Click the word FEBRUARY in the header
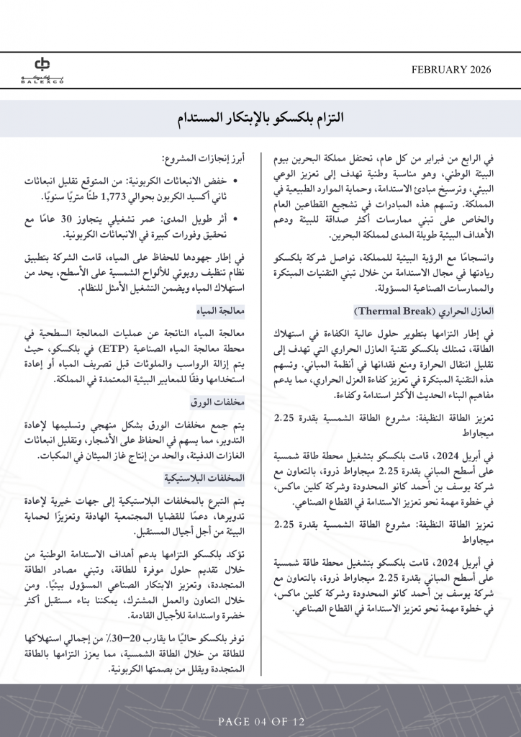coord(438,70)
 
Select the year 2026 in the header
coord(479,70)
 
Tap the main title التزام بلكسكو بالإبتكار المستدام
coord(260,117)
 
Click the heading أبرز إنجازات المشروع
coord(203,158)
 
